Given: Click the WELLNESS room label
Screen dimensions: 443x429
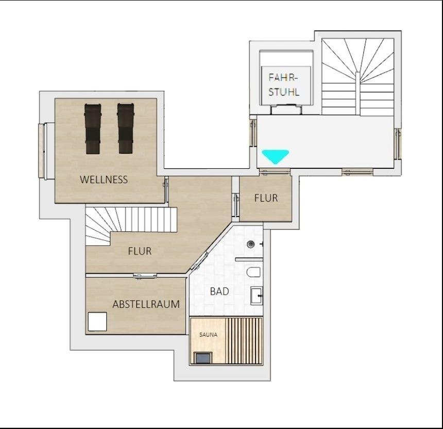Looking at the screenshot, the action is [104, 180].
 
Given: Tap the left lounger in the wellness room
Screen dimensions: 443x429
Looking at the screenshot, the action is [93, 129].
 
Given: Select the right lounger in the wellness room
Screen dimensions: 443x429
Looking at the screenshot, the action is [126, 129].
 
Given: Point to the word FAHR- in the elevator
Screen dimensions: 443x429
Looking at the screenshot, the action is [283, 78].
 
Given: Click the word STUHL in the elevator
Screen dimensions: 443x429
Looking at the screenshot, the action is [284, 92].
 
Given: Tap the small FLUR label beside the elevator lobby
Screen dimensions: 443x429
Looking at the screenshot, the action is [266, 198].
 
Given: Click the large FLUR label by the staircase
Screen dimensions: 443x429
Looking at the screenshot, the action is [140, 251].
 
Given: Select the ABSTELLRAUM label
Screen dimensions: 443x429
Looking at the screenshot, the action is [146, 304].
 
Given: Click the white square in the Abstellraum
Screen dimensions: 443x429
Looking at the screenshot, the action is [97, 321].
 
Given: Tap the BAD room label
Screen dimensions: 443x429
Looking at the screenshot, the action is [219, 291].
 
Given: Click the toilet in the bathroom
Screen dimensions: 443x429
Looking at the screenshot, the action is [253, 272].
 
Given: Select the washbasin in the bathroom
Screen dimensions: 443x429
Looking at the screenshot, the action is [257, 296].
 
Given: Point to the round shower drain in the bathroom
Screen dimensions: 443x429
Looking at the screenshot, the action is [250, 244].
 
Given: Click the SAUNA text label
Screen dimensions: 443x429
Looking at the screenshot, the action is [208, 335].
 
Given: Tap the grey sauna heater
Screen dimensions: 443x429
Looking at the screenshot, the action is [203, 358].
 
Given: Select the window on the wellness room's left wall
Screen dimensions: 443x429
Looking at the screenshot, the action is [42, 151].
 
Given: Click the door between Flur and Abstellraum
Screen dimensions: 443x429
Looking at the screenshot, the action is [145, 276].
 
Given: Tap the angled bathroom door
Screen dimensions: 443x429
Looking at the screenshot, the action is [200, 260].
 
